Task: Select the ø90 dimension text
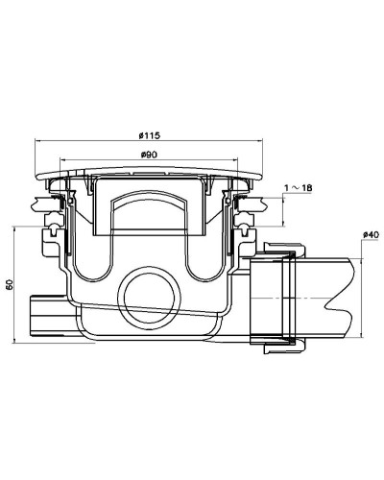(x=149, y=155)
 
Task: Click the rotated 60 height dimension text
(x=10, y=285)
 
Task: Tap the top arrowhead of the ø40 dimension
(x=363, y=245)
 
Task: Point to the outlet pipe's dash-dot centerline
(x=307, y=298)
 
